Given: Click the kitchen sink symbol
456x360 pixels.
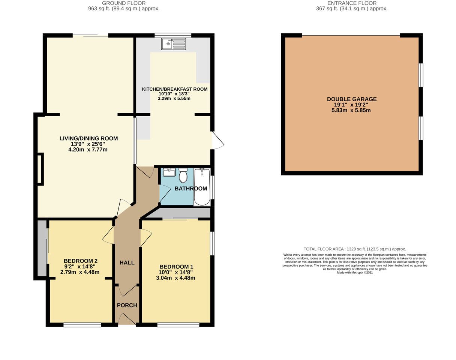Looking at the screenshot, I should tap(173, 44).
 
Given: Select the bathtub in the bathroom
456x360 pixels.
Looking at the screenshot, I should tap(202, 187).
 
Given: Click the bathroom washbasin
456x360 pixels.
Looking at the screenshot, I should tap(169, 172).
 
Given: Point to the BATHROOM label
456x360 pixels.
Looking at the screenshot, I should tap(191, 188).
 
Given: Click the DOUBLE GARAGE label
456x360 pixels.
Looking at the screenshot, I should tap(352, 99).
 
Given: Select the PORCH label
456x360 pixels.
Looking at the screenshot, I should tap(127, 305).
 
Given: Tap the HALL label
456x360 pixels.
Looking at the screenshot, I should tap(127, 262).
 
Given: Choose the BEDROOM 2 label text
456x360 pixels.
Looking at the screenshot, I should tap(80, 261).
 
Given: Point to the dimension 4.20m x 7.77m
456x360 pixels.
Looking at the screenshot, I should tap(88, 150).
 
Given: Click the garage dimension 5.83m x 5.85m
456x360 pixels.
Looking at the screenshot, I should tap(352, 111).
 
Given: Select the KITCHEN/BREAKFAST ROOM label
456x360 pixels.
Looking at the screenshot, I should tap(174, 89).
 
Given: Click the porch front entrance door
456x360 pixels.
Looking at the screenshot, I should tap(127, 319).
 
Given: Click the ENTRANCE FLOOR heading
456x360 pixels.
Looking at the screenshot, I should tap(352, 3).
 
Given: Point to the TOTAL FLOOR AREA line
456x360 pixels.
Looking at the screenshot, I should tap(354, 249).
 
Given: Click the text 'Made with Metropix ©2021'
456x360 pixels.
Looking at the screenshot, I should tap(354, 273).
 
